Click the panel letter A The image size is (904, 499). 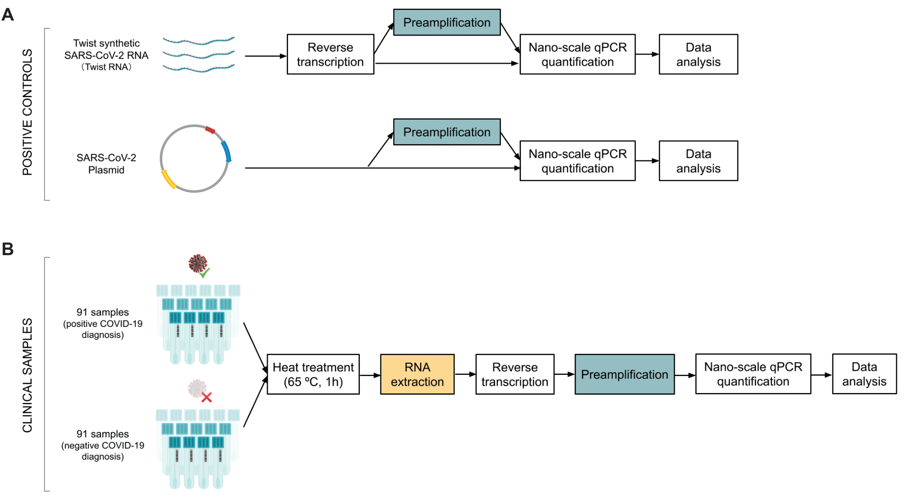click(x=8, y=15)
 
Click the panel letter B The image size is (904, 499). click(x=8, y=249)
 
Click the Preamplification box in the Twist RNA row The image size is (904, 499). click(x=447, y=22)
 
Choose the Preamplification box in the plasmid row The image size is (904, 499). click(x=447, y=132)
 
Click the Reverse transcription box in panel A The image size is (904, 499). click(x=330, y=54)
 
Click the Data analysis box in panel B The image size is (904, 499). click(x=864, y=374)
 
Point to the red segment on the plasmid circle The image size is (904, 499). click(x=210, y=130)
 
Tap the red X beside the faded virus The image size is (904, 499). click(x=207, y=397)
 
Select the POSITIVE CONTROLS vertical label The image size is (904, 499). click(x=27, y=112)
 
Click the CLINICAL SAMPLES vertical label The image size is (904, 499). click(x=27, y=375)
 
